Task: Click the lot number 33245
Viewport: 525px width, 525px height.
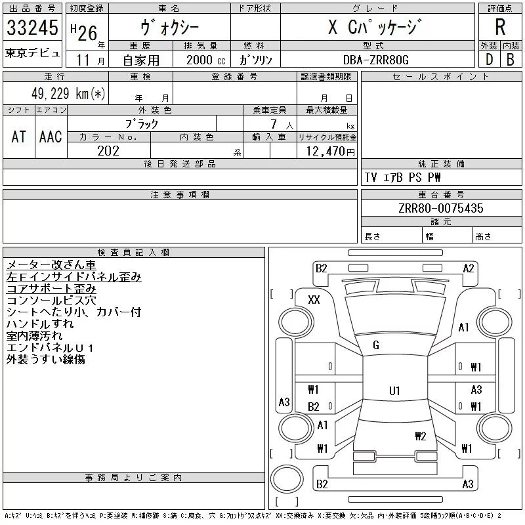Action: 33,28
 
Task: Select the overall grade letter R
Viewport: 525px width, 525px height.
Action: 499,28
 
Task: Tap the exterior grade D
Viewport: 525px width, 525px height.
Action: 488,59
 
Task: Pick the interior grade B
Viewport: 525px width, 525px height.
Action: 511,59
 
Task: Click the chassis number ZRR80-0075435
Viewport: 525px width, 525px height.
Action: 440,209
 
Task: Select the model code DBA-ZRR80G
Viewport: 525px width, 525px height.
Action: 376,59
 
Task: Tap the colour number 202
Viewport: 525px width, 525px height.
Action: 108,151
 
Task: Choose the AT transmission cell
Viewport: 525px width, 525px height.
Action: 18,136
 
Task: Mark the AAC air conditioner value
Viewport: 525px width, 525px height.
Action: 51,136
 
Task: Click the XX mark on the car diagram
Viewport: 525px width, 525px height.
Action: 314,299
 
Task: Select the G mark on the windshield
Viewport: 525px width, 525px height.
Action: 376,345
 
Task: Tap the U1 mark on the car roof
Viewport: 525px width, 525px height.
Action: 394,391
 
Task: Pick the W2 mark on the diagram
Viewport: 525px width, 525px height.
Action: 421,436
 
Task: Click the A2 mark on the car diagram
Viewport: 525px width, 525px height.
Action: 469,268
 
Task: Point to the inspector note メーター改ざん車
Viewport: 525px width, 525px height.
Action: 51,265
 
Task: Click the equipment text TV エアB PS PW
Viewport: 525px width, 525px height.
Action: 402,178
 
